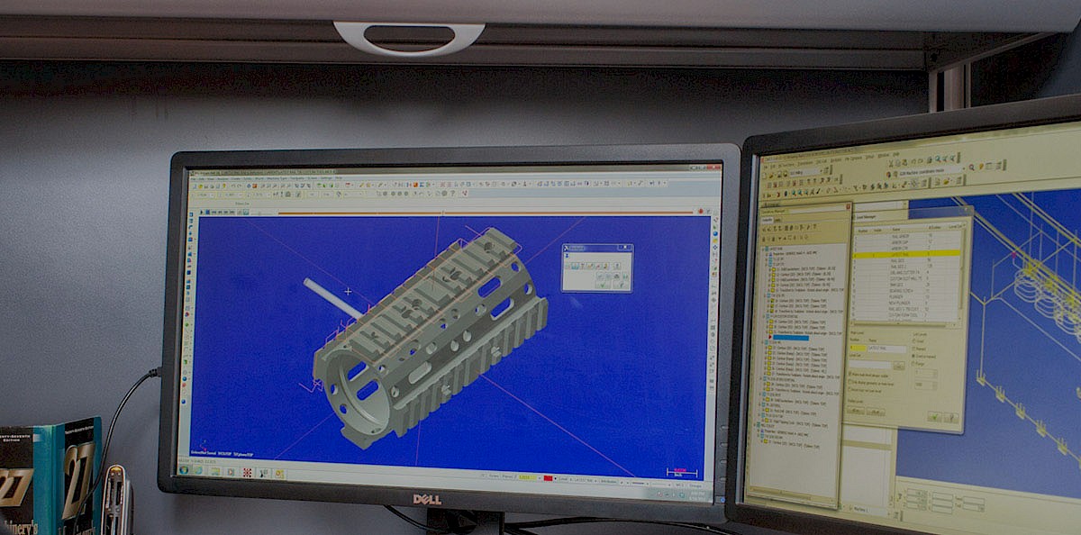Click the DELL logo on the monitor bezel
427,498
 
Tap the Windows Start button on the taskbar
185,470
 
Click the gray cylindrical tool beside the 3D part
332,297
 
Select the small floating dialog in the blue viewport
596,267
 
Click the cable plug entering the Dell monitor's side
155,371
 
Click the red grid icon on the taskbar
247,472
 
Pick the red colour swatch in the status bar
548,477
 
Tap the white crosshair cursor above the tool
348,291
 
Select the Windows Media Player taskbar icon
214,471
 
